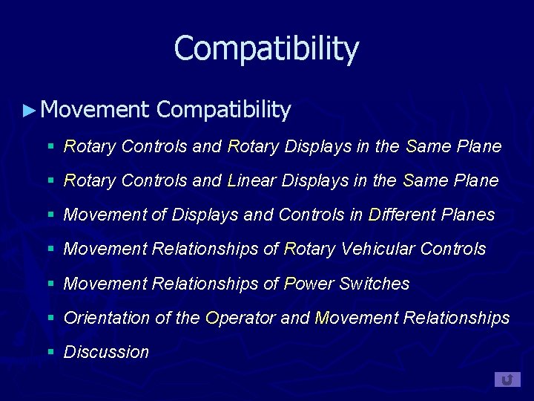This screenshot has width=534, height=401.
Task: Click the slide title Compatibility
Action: (266, 49)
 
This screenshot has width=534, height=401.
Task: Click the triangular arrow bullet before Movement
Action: (29, 111)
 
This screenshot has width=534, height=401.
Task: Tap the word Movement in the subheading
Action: (95, 110)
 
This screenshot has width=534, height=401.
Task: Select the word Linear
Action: (253, 180)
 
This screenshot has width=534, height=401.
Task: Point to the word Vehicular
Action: (378, 249)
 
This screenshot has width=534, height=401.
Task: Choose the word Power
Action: (309, 284)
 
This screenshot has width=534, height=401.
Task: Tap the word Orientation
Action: (107, 318)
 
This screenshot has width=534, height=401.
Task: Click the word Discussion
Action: (106, 352)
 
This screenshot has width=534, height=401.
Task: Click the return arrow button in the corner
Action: (507, 379)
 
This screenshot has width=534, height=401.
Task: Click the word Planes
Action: (467, 215)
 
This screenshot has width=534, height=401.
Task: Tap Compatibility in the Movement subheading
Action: (224, 110)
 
